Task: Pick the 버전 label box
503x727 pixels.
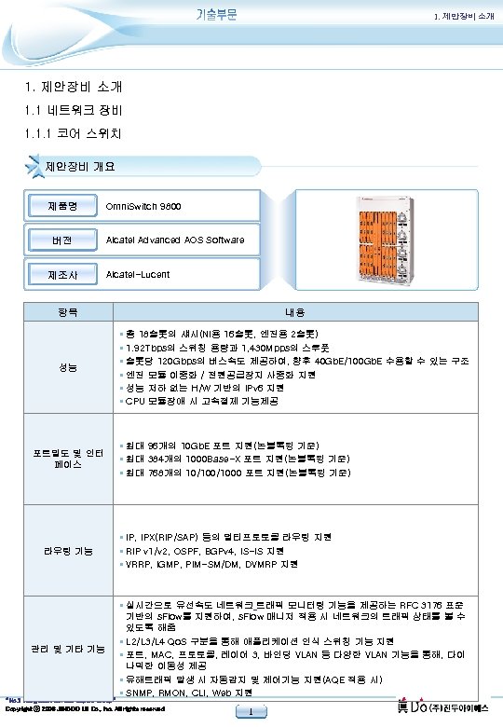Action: point(64,240)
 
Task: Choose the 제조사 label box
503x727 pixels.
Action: point(64,275)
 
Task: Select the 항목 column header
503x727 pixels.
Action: point(64,313)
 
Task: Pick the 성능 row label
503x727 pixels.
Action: point(64,367)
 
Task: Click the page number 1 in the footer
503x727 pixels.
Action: point(251,714)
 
